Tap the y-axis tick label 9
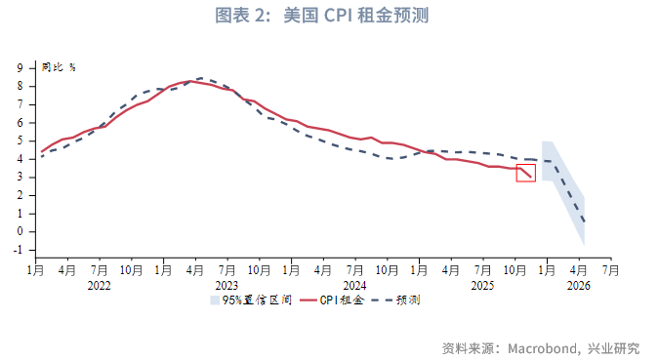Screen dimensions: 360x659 pos(21,68)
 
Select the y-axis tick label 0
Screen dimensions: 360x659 pos(21,232)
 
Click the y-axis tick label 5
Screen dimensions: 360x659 pos(21,141)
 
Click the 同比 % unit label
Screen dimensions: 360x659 pos(59,67)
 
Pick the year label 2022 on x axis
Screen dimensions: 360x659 pos(99,286)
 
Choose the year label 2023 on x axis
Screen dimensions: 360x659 pos(227,286)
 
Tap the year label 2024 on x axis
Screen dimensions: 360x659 pos(354,286)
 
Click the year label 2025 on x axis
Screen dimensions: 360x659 pos(482,286)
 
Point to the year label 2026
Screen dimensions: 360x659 pos(578,286)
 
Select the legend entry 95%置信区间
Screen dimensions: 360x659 pos(250,300)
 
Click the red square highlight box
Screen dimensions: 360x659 pos(526,173)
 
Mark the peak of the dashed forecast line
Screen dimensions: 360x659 pos(199,78)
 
